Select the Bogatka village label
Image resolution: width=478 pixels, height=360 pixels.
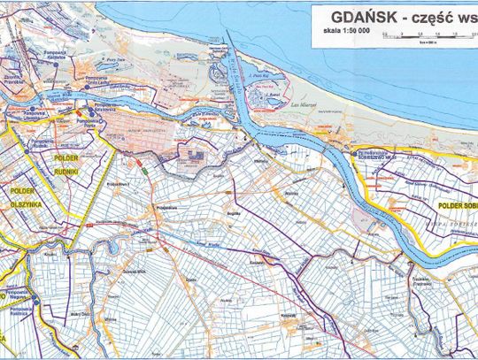click(x=232, y=215)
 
